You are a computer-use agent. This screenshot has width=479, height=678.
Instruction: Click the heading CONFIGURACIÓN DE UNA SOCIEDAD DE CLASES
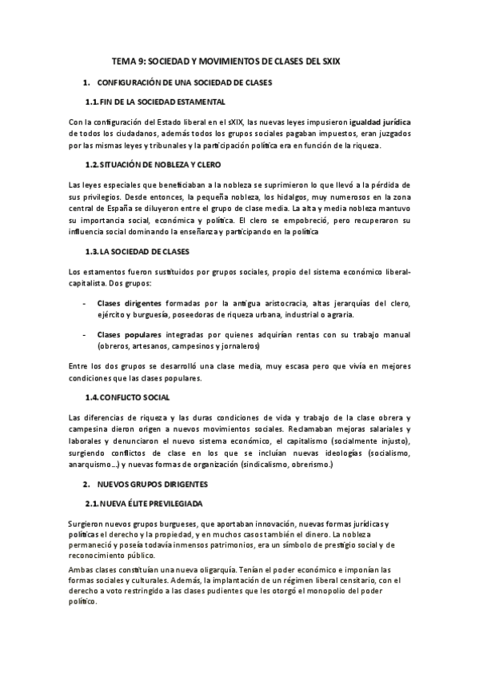(x=184, y=82)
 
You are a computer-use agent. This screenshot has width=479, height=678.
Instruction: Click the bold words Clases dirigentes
(x=129, y=303)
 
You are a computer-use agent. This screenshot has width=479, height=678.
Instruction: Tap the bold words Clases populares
(x=128, y=334)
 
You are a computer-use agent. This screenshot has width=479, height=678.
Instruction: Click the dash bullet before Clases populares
(x=85, y=334)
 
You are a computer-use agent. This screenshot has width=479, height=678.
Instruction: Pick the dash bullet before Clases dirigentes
(x=85, y=303)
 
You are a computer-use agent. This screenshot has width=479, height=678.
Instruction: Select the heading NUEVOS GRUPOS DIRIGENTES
(x=152, y=485)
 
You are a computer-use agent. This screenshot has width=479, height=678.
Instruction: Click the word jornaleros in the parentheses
(x=233, y=347)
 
